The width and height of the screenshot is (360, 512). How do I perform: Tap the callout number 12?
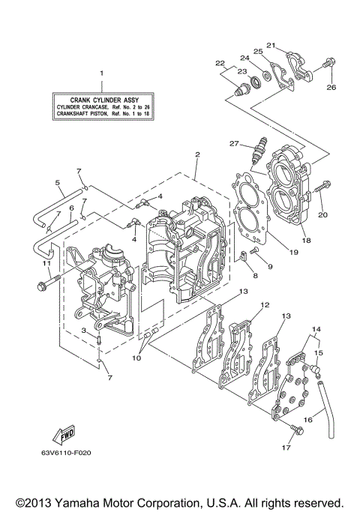[x=264, y=305]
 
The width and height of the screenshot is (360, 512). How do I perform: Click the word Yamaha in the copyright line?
[x=85, y=502]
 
